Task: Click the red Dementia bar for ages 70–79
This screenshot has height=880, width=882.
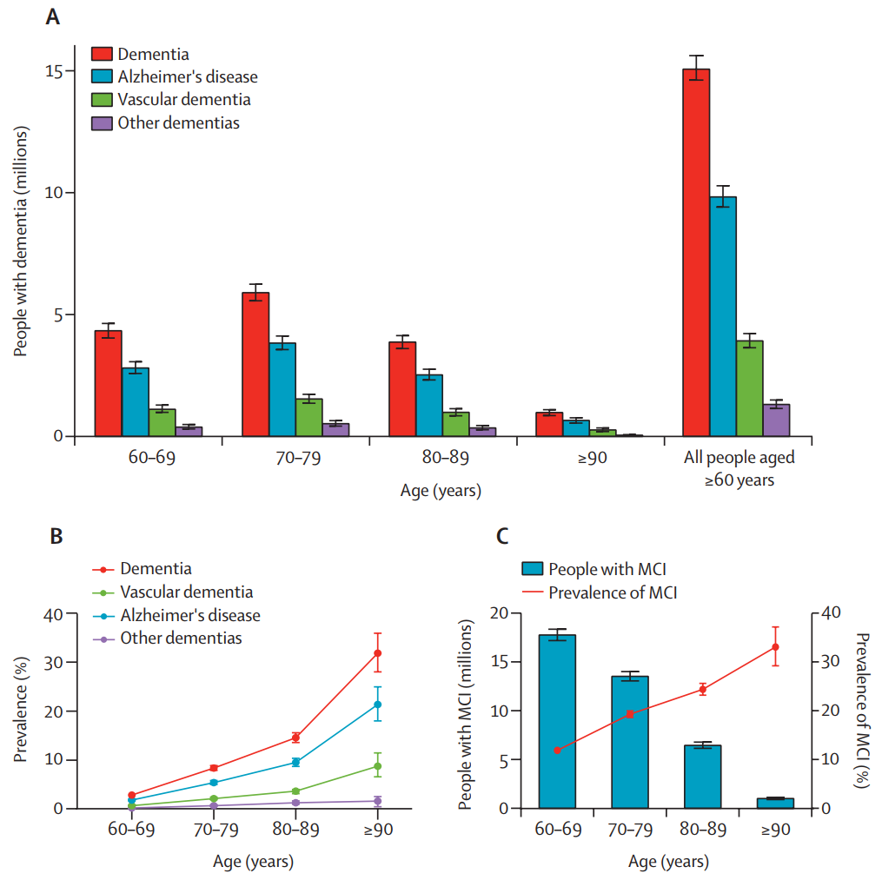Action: pos(255,364)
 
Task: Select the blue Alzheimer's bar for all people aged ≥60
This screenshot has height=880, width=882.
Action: pos(723,316)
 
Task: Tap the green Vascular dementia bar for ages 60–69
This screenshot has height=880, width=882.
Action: pos(162,422)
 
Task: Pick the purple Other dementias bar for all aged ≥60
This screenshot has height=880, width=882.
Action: pos(776,420)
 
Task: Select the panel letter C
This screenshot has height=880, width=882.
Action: pos(502,535)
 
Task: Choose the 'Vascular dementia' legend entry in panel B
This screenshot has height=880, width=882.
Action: pos(186,592)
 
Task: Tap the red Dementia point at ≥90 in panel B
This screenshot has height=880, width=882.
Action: pos(378,653)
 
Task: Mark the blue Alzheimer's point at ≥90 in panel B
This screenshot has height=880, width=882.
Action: pos(378,705)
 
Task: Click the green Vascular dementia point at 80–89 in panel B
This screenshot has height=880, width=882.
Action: pos(295,791)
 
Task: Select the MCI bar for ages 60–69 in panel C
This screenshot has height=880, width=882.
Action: pos(557,722)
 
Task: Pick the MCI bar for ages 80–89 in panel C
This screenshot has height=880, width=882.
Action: pos(702,777)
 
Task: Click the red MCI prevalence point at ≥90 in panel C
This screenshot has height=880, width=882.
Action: pos(775,646)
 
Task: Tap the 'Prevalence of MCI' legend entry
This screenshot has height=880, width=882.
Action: pos(613,592)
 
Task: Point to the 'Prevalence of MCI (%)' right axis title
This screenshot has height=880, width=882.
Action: pos(861,709)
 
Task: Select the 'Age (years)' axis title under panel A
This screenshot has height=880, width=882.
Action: pos(441,491)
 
